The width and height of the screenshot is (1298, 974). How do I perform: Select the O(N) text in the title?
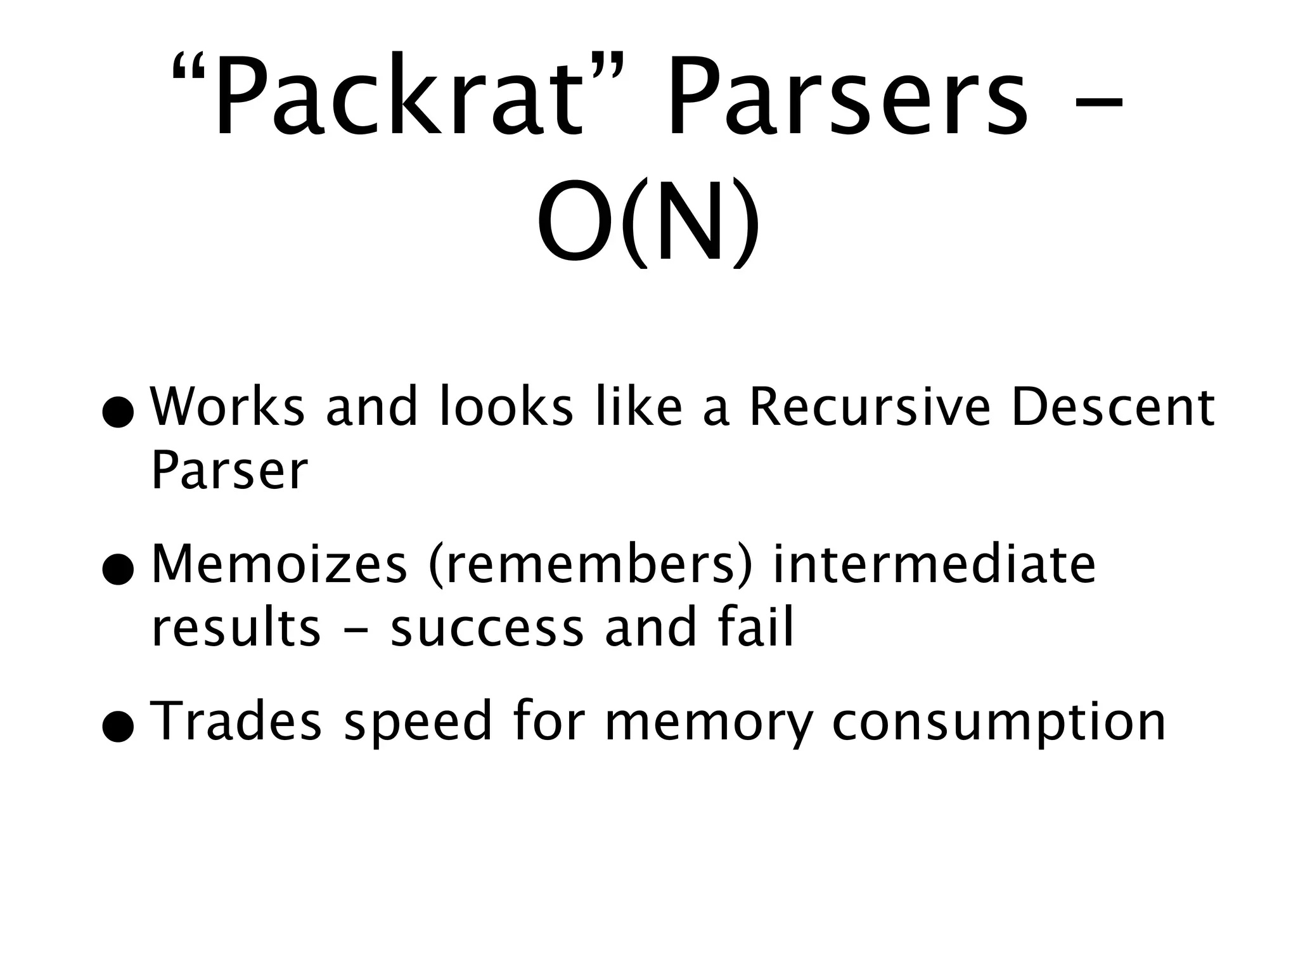point(648,222)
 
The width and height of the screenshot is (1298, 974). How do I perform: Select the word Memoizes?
point(279,564)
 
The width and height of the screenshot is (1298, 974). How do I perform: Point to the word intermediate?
point(934,564)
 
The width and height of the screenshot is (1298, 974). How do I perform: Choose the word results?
point(236,628)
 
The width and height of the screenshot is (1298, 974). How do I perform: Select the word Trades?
point(238,721)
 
